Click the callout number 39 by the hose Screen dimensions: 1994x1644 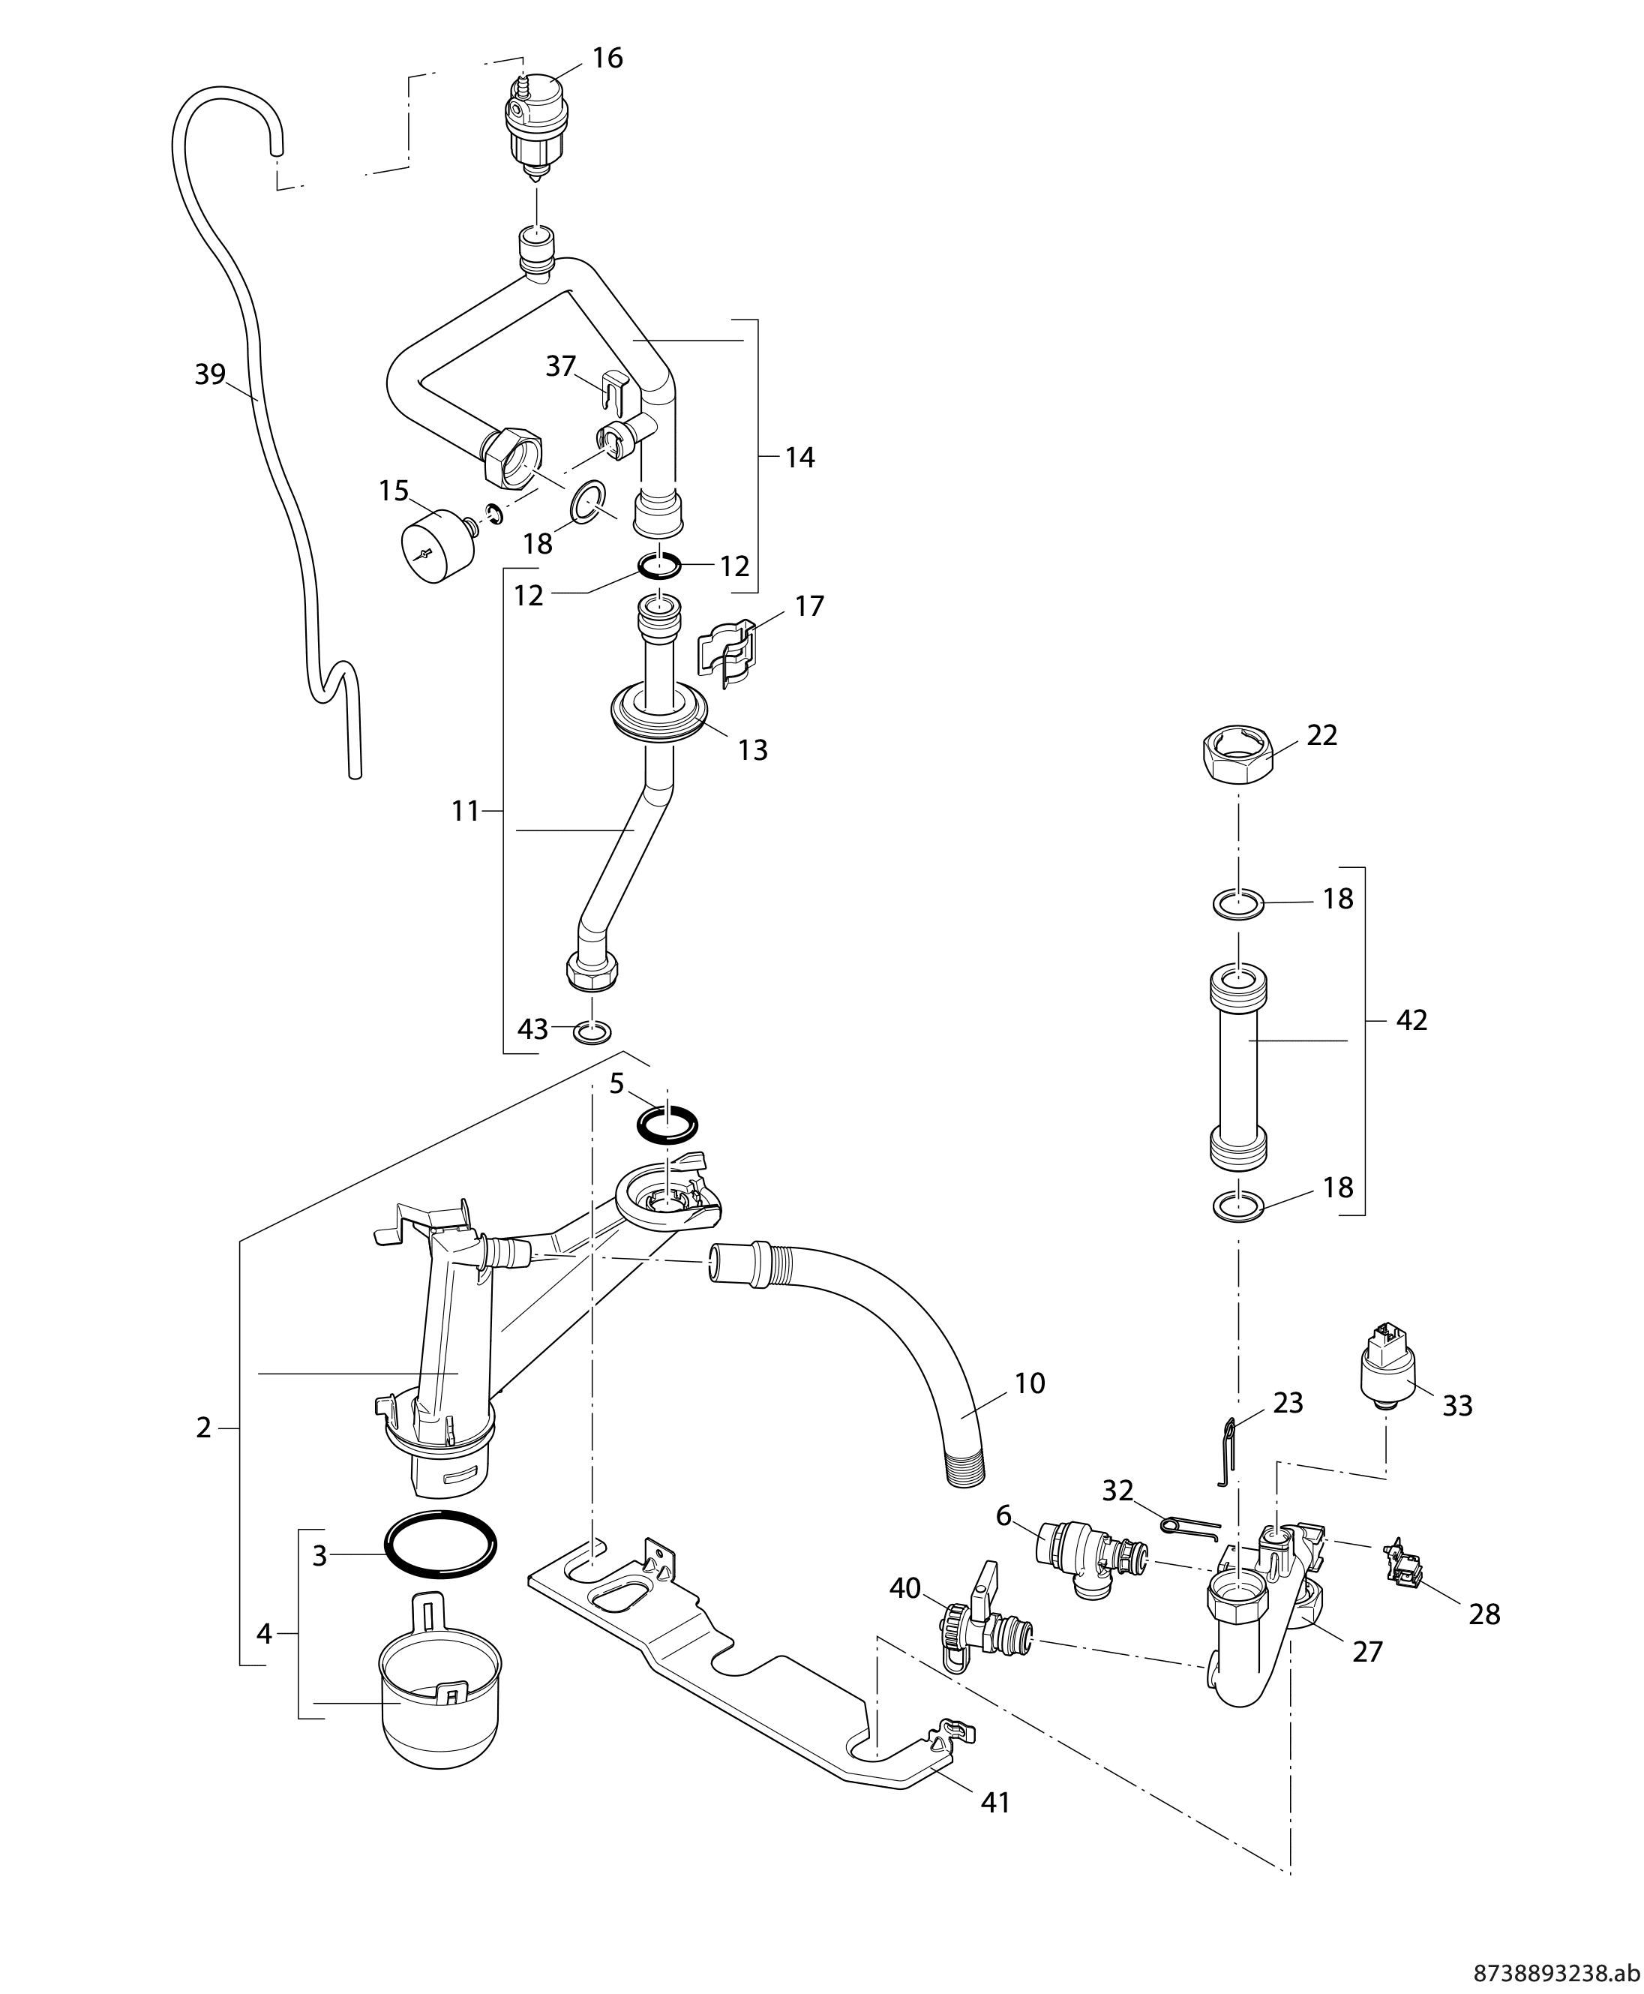[x=209, y=375]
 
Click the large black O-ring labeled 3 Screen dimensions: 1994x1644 [x=440, y=1543]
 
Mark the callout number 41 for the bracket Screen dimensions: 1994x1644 [x=995, y=1803]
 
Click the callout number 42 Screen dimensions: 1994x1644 [x=1411, y=1020]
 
